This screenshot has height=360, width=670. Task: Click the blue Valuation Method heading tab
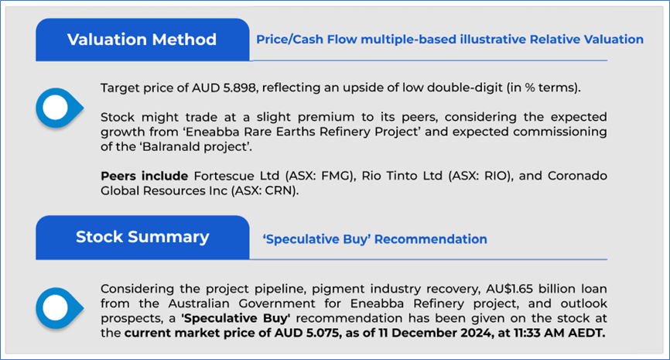pos(142,39)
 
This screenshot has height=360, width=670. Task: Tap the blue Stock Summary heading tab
pos(142,238)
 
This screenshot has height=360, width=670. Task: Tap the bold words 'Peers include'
pos(145,176)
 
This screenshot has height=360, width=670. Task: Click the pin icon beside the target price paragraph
pos(59,108)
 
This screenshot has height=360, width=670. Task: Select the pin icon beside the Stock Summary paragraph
pos(59,308)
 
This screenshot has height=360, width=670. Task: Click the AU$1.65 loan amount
pos(509,289)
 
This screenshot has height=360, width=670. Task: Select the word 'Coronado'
pos(577,176)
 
